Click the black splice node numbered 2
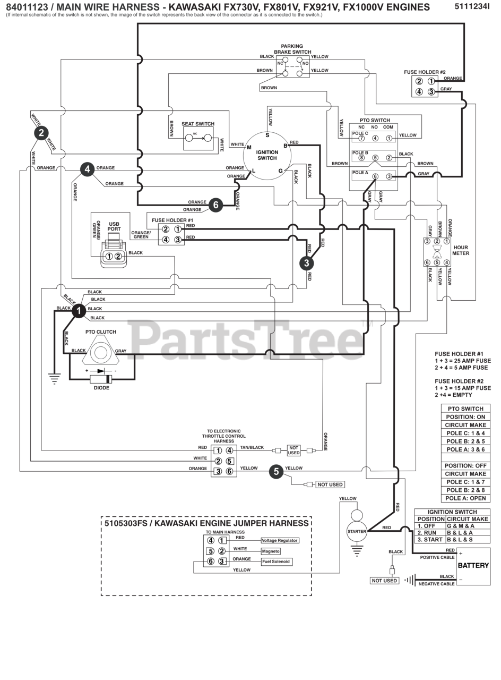click(41, 133)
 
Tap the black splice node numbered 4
click(88, 169)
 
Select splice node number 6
click(215, 205)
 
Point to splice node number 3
click(306, 263)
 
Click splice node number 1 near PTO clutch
click(79, 311)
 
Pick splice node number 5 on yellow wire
click(277, 471)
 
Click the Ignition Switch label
click(267, 155)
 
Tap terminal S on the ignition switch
click(267, 135)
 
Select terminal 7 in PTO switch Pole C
click(361, 139)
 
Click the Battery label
click(473, 565)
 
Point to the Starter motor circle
click(357, 531)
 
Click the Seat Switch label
click(198, 124)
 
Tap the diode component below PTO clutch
click(101, 379)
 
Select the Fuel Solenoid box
click(276, 562)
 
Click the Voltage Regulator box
click(280, 540)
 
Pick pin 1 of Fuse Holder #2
click(431, 81)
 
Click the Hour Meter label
click(461, 250)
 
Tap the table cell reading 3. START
click(430, 539)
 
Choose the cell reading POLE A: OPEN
click(465, 498)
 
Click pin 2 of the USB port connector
click(118, 256)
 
